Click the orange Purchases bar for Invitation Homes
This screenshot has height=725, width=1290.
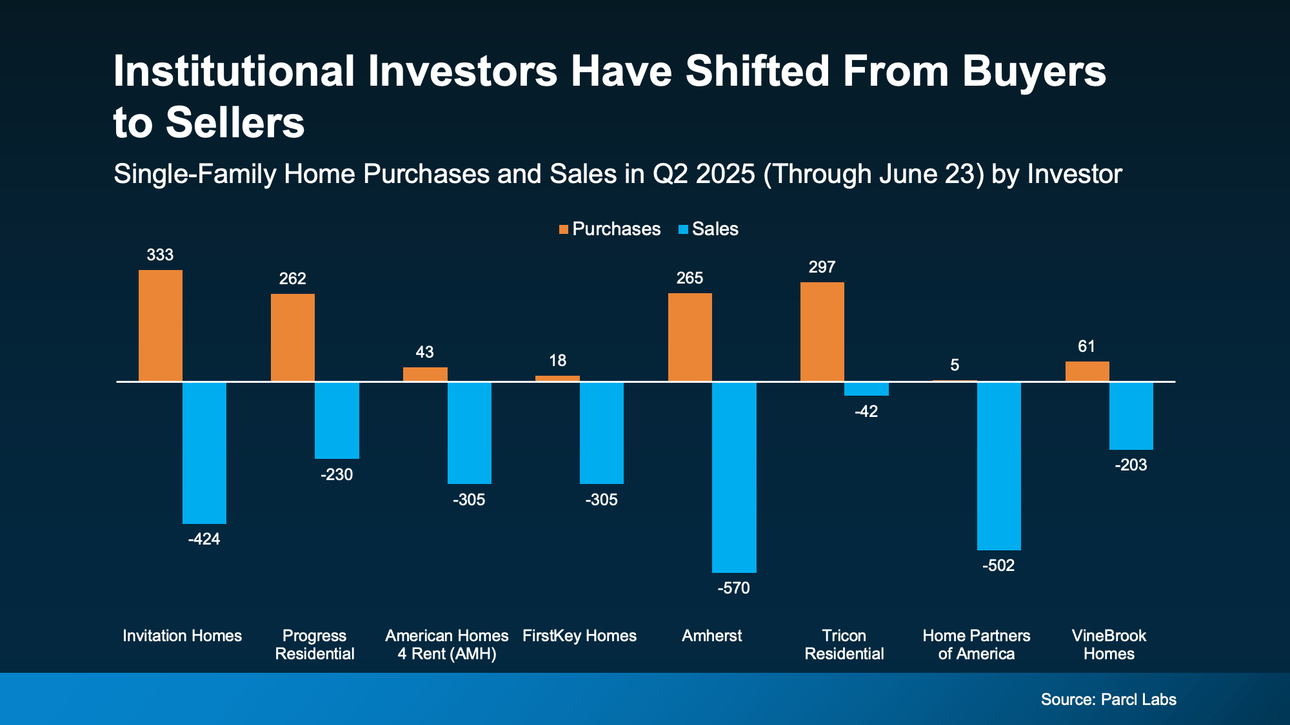click(161, 325)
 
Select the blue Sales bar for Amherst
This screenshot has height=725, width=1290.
click(734, 477)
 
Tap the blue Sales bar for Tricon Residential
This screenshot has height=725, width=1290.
click(866, 389)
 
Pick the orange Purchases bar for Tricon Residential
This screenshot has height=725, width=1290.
click(822, 332)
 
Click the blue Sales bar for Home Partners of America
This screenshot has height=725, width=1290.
click(998, 466)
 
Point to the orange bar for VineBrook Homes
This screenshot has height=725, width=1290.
click(1087, 371)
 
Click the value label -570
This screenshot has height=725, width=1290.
click(733, 588)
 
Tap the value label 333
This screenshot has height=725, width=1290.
click(160, 255)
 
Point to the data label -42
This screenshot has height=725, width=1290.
click(866, 411)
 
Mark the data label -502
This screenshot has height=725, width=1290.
click(998, 565)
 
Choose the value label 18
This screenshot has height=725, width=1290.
click(557, 360)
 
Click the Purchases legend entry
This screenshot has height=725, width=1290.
click(610, 229)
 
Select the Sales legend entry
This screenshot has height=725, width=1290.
click(709, 229)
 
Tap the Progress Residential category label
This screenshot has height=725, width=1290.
click(315, 644)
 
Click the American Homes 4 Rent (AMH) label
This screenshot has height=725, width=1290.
click(447, 644)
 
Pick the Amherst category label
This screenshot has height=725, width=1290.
click(711, 635)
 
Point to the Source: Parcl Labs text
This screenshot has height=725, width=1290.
click(1108, 699)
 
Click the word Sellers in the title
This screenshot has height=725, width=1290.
click(235, 122)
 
